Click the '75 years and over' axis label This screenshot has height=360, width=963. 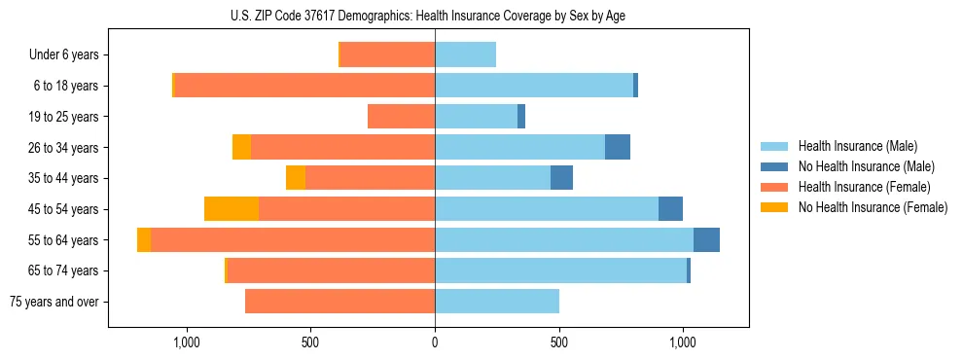[x=53, y=302]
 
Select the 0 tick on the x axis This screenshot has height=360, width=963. [x=435, y=342]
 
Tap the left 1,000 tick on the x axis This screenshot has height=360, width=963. [x=186, y=342]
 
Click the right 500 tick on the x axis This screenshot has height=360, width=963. [x=559, y=342]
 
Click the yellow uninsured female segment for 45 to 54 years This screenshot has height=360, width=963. [x=232, y=209]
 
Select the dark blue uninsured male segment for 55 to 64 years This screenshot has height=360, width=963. [x=706, y=240]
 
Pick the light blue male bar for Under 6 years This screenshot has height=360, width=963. [x=465, y=55]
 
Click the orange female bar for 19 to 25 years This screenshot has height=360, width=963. [x=401, y=117]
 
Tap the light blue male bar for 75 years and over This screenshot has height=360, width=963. [x=497, y=302]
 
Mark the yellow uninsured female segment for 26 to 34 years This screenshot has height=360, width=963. [x=241, y=148]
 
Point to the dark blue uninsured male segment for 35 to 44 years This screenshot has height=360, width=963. [x=561, y=178]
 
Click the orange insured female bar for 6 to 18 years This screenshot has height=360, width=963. [x=304, y=86]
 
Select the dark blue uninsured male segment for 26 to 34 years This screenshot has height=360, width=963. [x=618, y=148]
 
